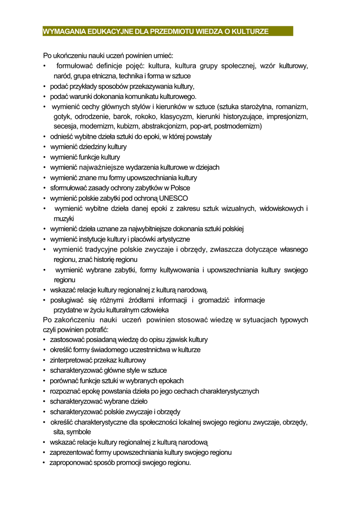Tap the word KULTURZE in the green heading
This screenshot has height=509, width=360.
pos(251,31)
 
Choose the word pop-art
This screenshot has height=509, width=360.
pos(201,127)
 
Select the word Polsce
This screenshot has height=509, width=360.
pos(180,188)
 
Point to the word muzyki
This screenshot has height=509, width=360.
pos(64,219)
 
